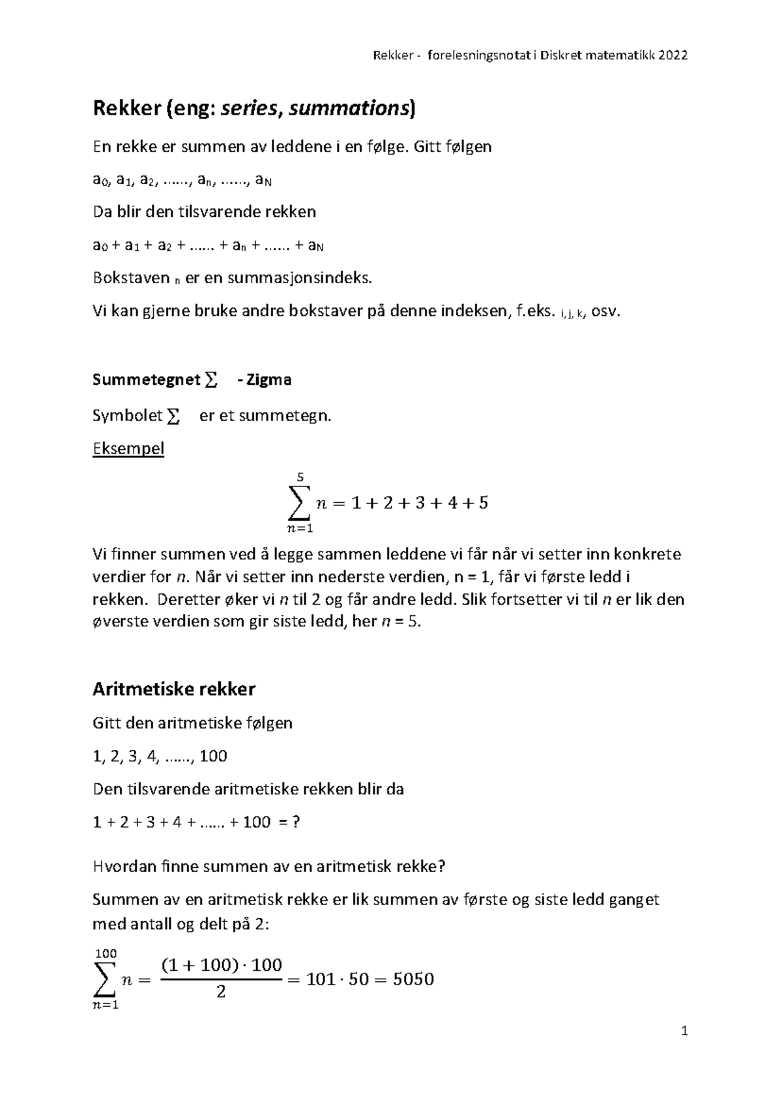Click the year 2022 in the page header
pos(673,55)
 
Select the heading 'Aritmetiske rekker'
pos(174,689)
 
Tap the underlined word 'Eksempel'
pos(128,449)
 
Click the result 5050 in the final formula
pos(414,979)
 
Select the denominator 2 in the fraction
pos(221,993)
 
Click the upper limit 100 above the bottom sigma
pos(106,954)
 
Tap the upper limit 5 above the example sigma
pos(300,477)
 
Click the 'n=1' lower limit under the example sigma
pos(300,528)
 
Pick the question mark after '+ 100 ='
pos(296,822)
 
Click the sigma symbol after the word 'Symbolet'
pos(173,417)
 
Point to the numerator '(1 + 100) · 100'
pos(221,965)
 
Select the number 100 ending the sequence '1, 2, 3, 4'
pos(213,757)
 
